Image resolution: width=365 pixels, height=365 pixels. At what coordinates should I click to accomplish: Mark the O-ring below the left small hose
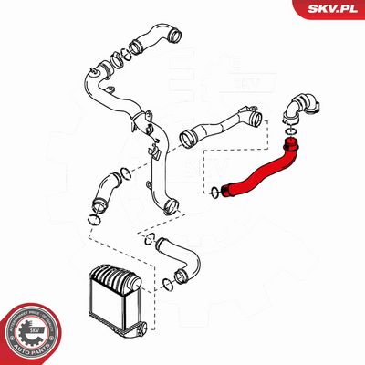coord(94,220)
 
